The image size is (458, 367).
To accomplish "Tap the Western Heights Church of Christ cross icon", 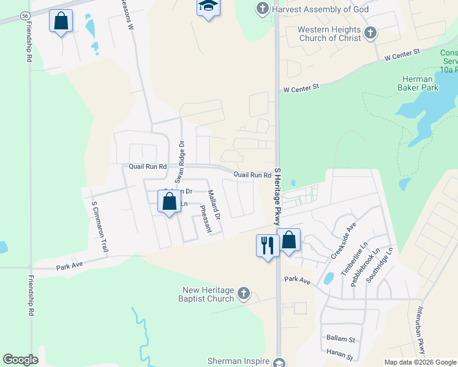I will [369, 33].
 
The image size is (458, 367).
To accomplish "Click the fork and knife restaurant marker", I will [268, 245].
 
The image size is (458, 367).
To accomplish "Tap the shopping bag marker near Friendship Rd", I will [61, 21].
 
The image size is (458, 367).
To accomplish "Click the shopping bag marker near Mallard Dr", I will [168, 201].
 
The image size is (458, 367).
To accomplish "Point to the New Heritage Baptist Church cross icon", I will [244, 294].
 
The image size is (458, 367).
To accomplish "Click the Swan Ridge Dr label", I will [180, 163].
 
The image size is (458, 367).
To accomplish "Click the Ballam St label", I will [340, 338].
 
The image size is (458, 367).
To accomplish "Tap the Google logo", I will [20, 360].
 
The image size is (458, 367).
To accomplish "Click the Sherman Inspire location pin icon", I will [279, 362].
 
